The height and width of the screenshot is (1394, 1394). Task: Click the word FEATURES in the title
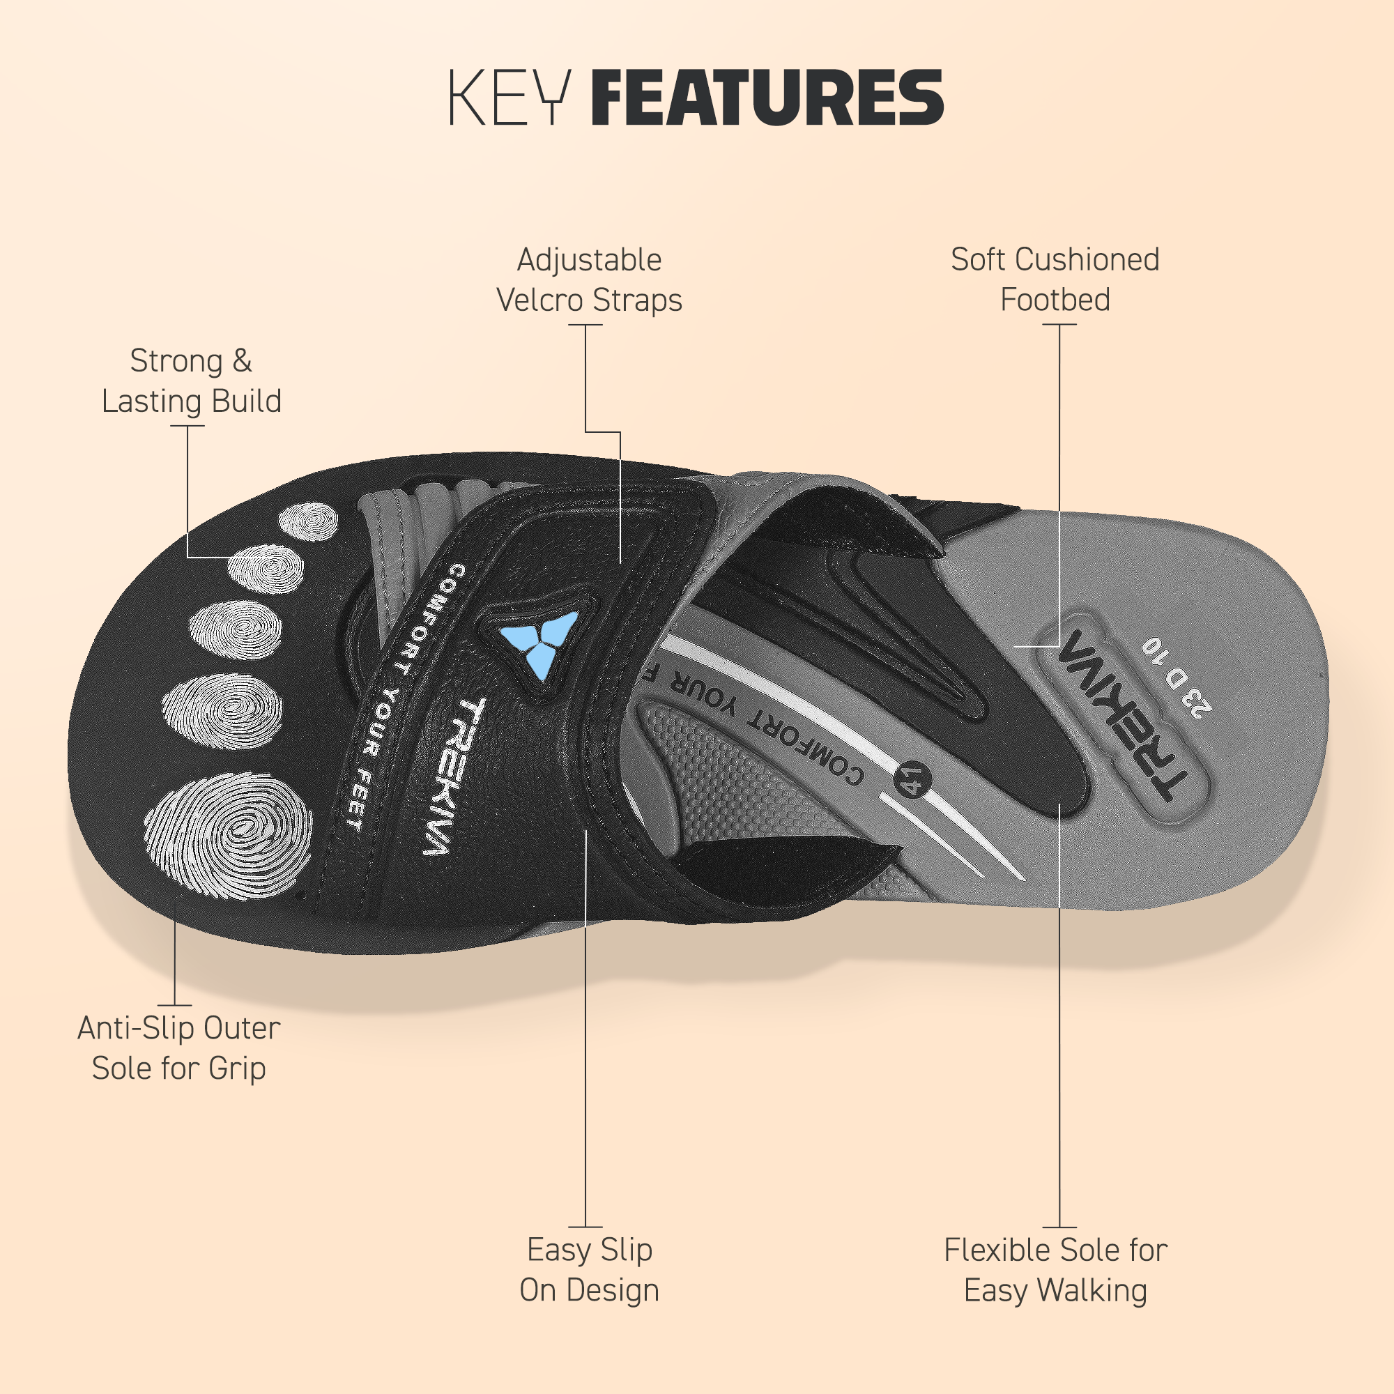click(x=767, y=98)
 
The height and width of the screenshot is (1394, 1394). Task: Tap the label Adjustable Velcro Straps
click(x=590, y=280)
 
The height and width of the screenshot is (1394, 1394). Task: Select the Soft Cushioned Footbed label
click(x=1055, y=280)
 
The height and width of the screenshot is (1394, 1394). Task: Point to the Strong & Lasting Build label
click(x=191, y=381)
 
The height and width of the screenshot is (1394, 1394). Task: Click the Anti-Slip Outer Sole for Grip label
click(x=179, y=1048)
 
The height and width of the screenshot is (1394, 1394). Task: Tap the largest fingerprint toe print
click(x=229, y=836)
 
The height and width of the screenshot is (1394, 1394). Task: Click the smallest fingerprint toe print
click(x=309, y=521)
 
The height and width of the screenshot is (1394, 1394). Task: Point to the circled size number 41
click(x=914, y=779)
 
